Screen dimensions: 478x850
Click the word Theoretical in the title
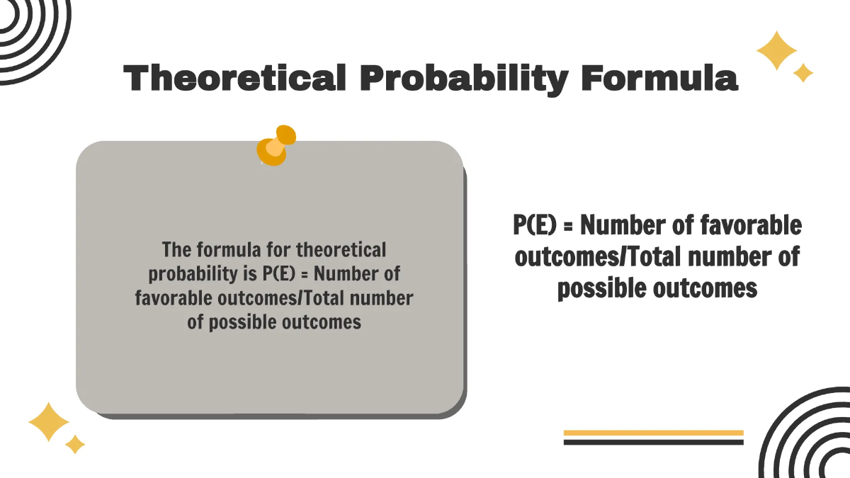pos(234,77)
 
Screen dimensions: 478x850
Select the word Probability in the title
pos(463,77)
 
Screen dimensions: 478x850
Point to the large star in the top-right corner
pos(776,50)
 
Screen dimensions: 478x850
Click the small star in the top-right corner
pos(803,72)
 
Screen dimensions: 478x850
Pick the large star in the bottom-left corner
pos(49,423)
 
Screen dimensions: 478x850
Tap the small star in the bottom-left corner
pos(74,444)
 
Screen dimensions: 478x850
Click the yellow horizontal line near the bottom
pos(653,433)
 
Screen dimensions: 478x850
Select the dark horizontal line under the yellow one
pos(653,442)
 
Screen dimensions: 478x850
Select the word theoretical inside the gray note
pos(341,250)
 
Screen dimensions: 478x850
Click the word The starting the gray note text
pos(176,250)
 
